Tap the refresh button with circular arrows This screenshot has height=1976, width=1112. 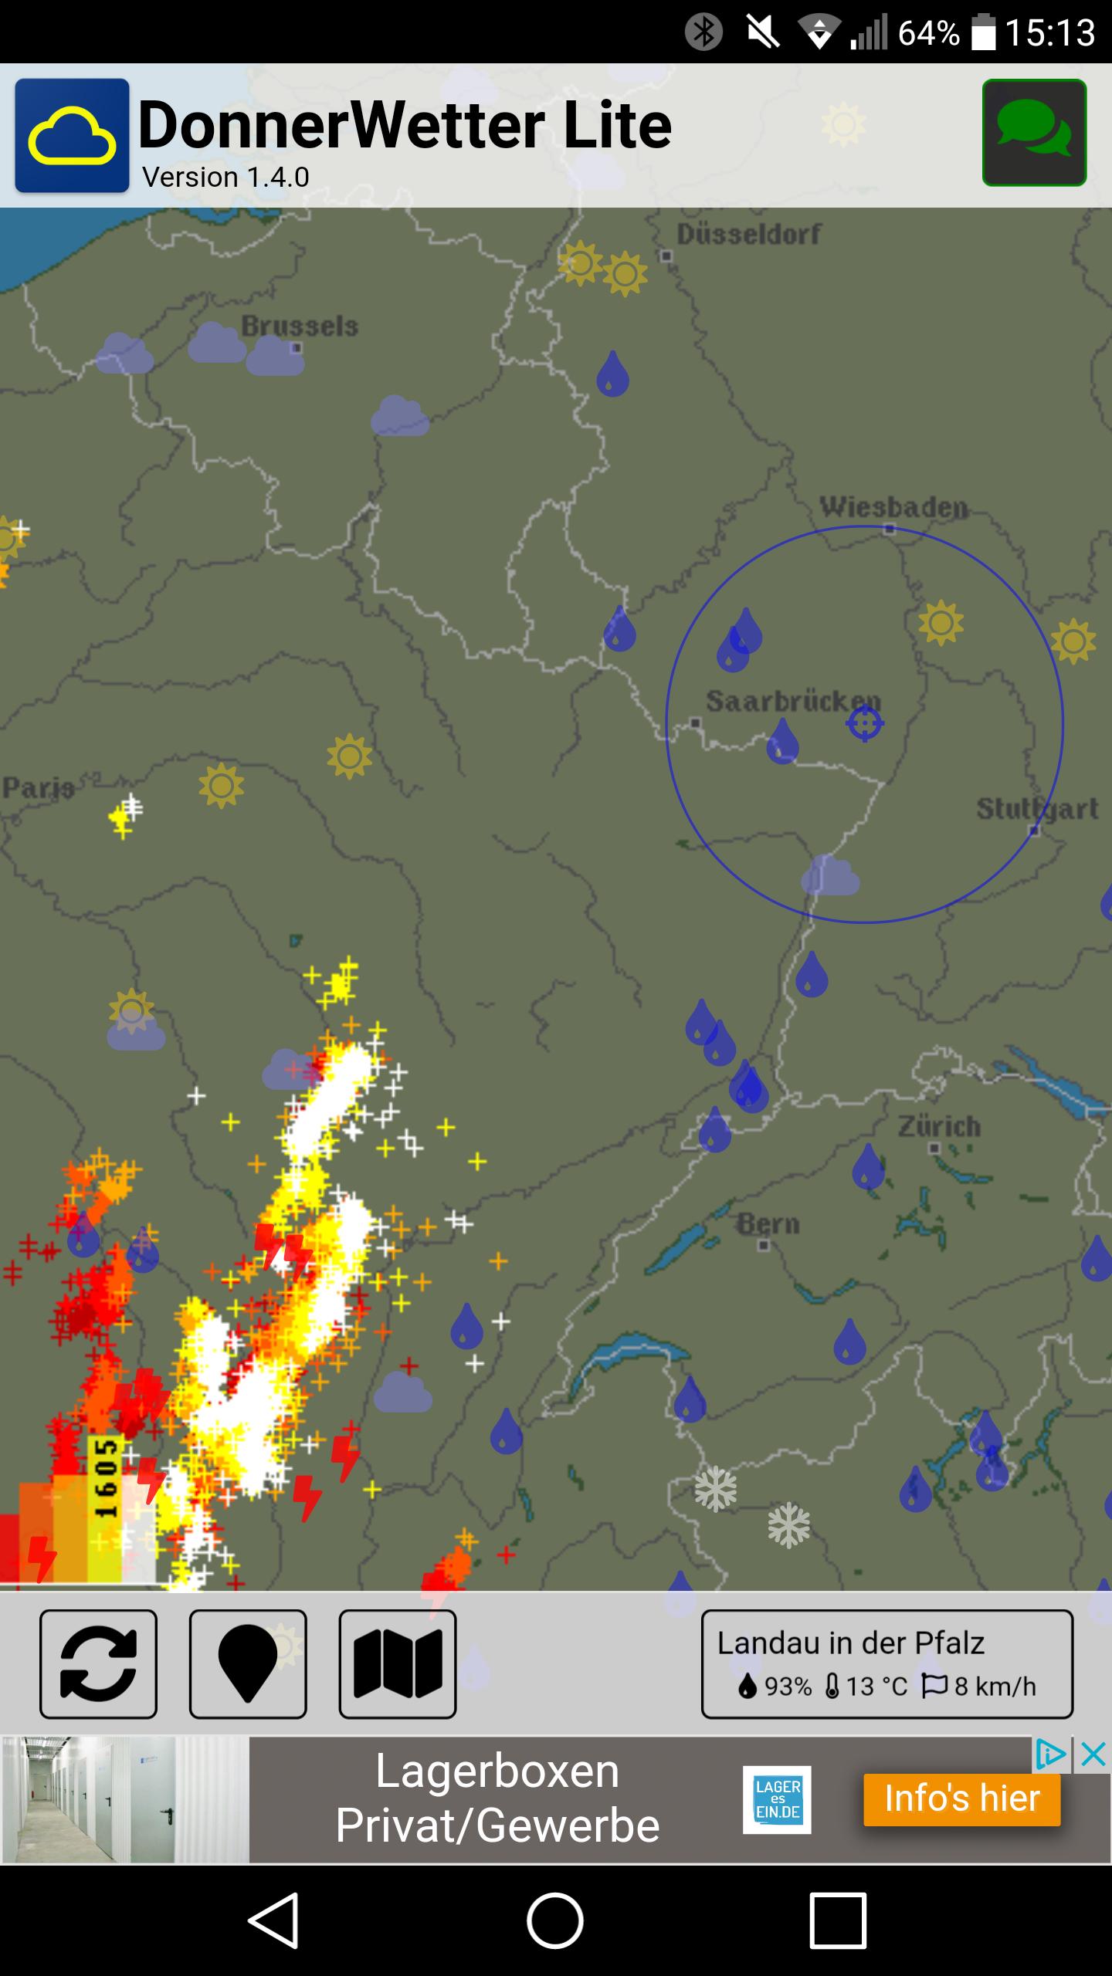98,1663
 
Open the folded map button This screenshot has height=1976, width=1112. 397,1663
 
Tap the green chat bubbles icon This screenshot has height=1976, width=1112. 1034,133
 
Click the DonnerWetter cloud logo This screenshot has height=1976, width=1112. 72,135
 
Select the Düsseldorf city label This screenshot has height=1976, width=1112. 748,234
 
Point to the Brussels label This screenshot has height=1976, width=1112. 300,327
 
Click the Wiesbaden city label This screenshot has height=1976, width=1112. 893,507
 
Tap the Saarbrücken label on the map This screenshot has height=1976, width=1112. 792,701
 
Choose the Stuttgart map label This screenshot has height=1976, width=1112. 1036,808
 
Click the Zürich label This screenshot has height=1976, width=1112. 939,1126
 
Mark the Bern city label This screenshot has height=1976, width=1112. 768,1223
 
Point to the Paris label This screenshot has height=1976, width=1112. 38,787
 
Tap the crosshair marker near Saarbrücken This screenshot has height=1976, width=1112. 865,724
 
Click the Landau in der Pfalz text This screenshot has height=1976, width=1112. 850,1643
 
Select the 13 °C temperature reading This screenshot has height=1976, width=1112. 867,1687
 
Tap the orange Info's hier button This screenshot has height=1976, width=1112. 961,1798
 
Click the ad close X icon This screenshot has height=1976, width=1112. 1093,1755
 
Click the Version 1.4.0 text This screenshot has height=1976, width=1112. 225,178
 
